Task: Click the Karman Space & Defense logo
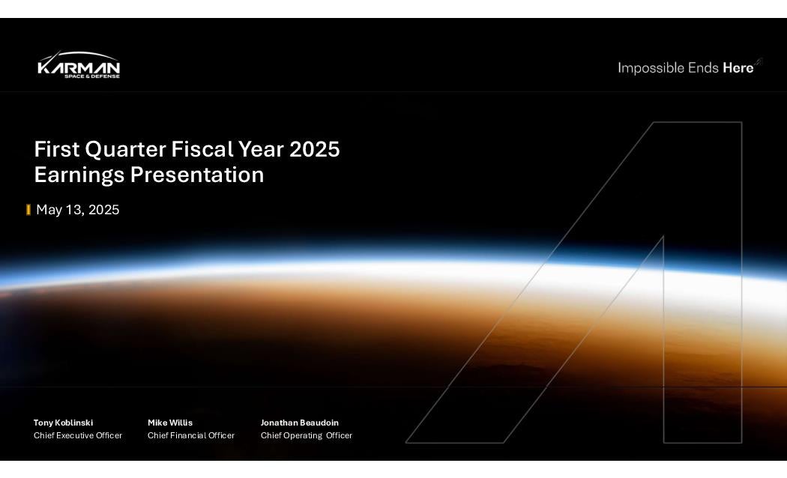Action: click(x=79, y=65)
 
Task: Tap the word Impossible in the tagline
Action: click(x=651, y=67)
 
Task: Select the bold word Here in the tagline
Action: click(x=738, y=67)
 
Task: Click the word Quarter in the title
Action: click(x=125, y=150)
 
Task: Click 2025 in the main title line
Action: click(x=315, y=150)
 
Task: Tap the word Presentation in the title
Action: click(x=196, y=175)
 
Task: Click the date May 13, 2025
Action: click(x=78, y=210)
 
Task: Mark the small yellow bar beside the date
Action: click(x=28, y=210)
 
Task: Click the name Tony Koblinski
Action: click(x=63, y=423)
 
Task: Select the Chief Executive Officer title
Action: click(x=78, y=435)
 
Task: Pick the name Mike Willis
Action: click(x=170, y=423)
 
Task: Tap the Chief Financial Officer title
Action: click(x=191, y=435)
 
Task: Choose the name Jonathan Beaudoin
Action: click(x=300, y=423)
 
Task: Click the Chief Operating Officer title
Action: click(x=307, y=435)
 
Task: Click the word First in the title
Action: click(x=57, y=150)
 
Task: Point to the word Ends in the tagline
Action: click(x=703, y=67)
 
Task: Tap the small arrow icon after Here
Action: click(x=759, y=62)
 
